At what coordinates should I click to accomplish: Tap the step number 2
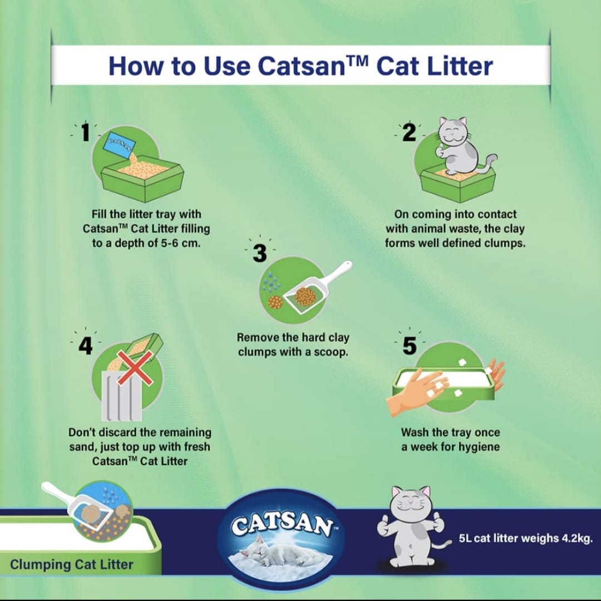coord(410,133)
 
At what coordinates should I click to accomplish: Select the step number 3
coord(259,253)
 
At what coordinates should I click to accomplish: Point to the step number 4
coord(85,346)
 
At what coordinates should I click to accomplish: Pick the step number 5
coord(410,346)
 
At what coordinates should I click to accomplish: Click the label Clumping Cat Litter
coord(72,565)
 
